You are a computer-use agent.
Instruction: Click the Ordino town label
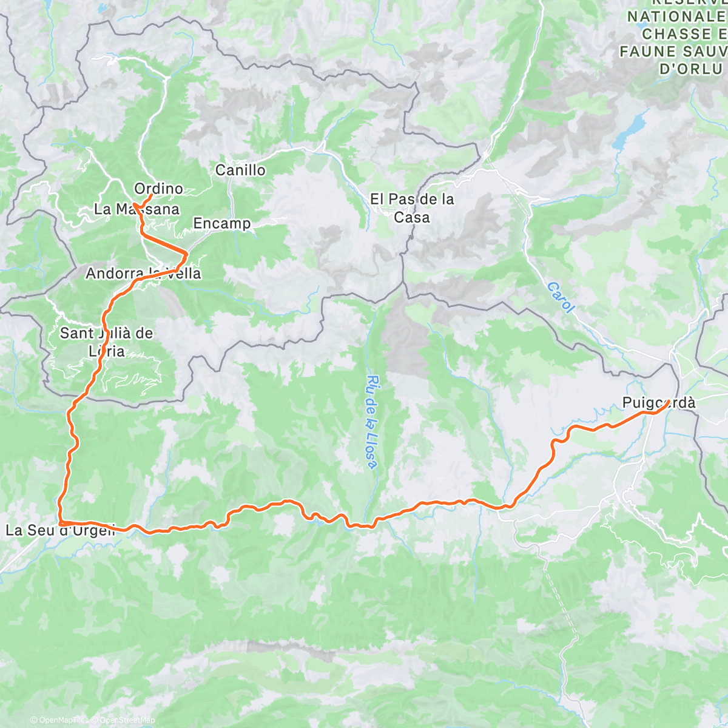click(x=158, y=189)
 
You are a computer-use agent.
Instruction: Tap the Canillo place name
click(x=240, y=170)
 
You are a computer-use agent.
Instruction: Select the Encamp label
click(x=221, y=223)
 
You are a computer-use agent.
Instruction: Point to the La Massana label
click(x=136, y=209)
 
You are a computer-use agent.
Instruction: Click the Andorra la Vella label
click(x=143, y=274)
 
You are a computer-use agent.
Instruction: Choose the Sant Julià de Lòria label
click(x=106, y=342)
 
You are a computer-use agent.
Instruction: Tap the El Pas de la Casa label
click(x=412, y=208)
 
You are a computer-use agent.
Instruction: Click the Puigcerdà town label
click(x=659, y=403)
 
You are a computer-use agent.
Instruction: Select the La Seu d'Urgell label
click(x=60, y=530)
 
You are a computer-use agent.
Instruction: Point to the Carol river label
click(x=560, y=297)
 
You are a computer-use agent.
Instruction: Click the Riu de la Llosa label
click(x=372, y=422)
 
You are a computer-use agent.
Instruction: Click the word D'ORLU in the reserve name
click(x=692, y=69)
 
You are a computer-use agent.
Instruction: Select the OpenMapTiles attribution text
click(x=59, y=720)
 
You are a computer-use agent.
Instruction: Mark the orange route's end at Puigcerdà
click(x=667, y=402)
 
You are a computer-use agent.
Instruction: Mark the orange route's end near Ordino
click(x=150, y=195)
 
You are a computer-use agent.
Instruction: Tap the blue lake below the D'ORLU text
click(x=629, y=129)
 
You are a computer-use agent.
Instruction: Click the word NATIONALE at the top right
click(x=676, y=17)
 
